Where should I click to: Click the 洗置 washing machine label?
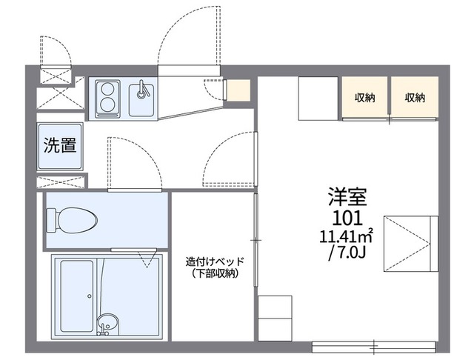60,146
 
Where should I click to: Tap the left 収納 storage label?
364,97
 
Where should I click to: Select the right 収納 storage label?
415,97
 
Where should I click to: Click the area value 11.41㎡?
346,237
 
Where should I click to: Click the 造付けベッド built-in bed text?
215,261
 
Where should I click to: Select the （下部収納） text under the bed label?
215,274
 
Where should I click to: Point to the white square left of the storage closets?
318,98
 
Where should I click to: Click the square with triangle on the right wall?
410,242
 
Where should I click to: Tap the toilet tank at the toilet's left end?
52,220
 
